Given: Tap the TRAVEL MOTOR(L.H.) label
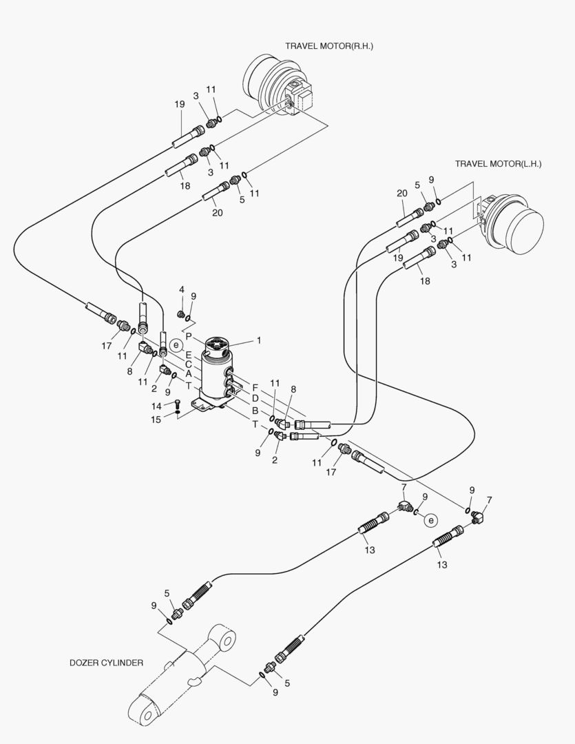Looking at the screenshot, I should pyautogui.click(x=498, y=164).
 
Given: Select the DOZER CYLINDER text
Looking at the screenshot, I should pyautogui.click(x=106, y=663).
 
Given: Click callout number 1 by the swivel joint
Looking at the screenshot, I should pyautogui.click(x=259, y=340).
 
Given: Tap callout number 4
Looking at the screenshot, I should pyautogui.click(x=182, y=289).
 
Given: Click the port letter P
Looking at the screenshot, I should pyautogui.click(x=189, y=337).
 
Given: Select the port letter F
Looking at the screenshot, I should pyautogui.click(x=255, y=387).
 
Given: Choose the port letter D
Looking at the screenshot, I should pyautogui.click(x=255, y=398).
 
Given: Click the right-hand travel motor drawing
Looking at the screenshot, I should pyautogui.click(x=279, y=90).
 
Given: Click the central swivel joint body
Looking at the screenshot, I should pyautogui.click(x=218, y=375).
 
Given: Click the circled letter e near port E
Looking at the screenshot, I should pyautogui.click(x=177, y=344).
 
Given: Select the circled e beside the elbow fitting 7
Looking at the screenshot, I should pyautogui.click(x=431, y=520).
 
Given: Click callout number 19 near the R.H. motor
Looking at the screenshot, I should pyautogui.click(x=180, y=104).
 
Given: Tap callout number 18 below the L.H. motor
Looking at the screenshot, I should pyautogui.click(x=425, y=281).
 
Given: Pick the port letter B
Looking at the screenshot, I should pyautogui.click(x=255, y=411).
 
